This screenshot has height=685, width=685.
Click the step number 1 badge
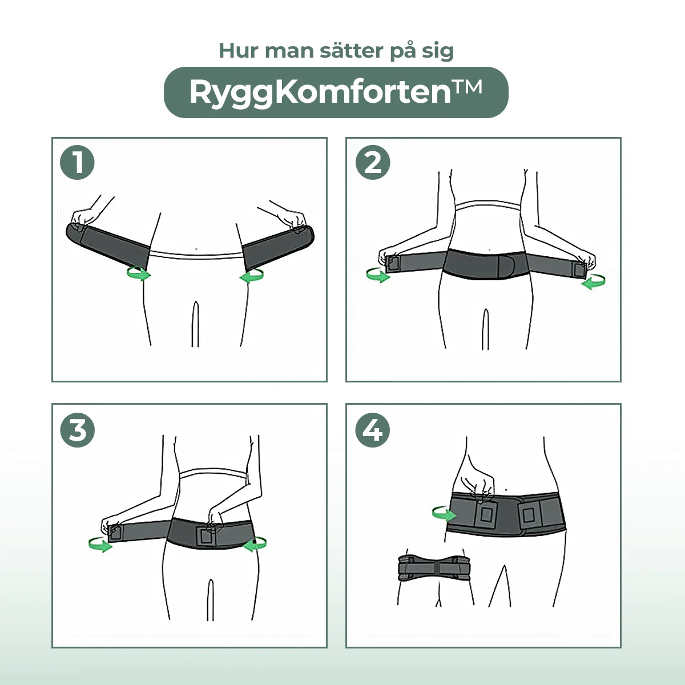(77, 163)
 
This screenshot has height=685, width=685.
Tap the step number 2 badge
(373, 163)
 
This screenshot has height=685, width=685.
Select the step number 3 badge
(78, 430)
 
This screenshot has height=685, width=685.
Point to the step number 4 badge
(373, 430)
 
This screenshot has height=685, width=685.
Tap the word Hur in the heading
(239, 50)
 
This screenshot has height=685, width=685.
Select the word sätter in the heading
(352, 50)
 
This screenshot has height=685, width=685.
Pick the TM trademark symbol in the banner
(467, 87)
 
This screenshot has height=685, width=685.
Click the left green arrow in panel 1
(139, 274)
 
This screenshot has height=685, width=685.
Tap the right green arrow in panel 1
(252, 276)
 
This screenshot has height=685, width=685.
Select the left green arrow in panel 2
(378, 276)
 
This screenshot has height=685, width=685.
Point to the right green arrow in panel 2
(593, 281)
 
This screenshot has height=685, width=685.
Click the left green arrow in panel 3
(100, 545)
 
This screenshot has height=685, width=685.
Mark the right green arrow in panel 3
(255, 544)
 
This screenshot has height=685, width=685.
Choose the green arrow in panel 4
(444, 513)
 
